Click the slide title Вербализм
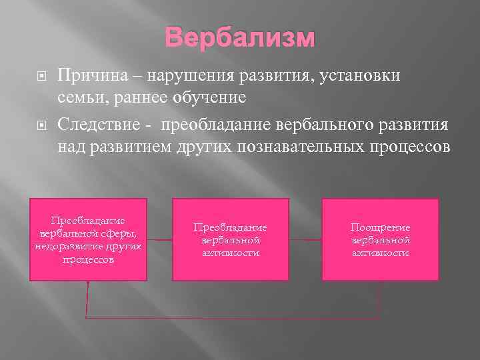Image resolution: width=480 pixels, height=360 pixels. pos(239,37)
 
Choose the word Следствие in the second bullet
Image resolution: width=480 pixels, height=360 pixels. pos(94,125)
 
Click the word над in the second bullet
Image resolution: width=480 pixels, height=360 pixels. pos(70,146)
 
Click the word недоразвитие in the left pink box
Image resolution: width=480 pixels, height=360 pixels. pos(66,246)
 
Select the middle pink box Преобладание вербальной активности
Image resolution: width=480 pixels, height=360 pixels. pos(231,239)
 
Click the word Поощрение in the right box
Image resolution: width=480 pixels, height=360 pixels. pos(381,227)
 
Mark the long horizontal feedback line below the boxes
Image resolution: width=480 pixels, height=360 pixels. pos(233,315)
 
